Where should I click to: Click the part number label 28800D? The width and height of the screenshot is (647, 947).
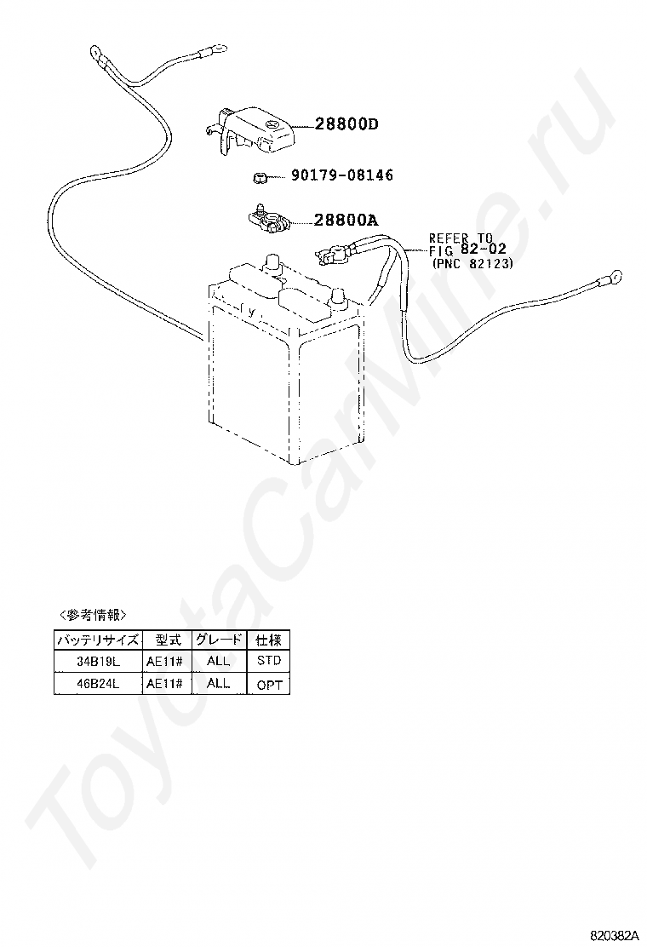pyautogui.click(x=346, y=124)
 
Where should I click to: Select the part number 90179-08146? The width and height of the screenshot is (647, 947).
pyautogui.click(x=341, y=175)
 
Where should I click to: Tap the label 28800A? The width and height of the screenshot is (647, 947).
pyautogui.click(x=346, y=221)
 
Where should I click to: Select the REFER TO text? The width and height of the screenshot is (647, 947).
pyautogui.click(x=461, y=238)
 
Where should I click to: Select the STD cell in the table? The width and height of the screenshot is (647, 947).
pyautogui.click(x=267, y=661)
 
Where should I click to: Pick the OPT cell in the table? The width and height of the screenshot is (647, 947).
pyautogui.click(x=267, y=684)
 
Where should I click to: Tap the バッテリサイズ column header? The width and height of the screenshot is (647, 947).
pyautogui.click(x=96, y=639)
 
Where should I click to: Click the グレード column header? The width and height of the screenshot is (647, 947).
pyautogui.click(x=218, y=639)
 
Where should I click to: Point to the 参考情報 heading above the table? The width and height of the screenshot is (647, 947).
pyautogui.click(x=93, y=615)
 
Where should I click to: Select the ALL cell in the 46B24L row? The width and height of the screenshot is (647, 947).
pyautogui.click(x=218, y=683)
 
